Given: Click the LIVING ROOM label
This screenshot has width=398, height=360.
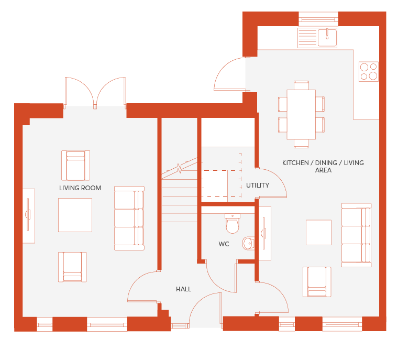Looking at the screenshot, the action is (x=80, y=188).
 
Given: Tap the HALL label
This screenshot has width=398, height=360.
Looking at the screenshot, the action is (x=183, y=289).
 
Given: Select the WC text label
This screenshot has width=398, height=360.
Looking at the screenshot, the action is (x=224, y=244).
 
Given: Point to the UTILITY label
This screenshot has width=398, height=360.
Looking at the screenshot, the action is (x=258, y=186).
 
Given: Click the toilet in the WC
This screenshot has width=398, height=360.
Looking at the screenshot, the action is (x=232, y=224).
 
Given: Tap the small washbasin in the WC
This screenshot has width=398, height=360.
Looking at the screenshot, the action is (x=249, y=243).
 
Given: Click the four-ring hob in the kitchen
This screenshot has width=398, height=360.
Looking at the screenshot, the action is (x=369, y=71).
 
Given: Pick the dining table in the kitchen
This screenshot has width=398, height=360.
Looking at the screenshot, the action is (x=301, y=114).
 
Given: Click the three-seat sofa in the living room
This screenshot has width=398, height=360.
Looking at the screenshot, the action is (x=129, y=218).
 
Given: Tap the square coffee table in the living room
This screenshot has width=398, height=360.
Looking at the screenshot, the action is (x=75, y=215).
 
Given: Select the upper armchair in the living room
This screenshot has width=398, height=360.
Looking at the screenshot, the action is (x=75, y=166).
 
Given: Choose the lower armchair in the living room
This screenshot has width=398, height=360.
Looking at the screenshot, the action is (x=72, y=267).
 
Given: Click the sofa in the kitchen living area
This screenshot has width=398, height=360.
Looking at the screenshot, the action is (x=357, y=235).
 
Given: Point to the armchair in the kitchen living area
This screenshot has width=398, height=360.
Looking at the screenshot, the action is (x=317, y=282).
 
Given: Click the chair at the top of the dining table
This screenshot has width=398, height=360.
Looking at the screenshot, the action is (x=301, y=85).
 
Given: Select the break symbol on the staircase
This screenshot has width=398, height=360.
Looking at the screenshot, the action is (x=180, y=168).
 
